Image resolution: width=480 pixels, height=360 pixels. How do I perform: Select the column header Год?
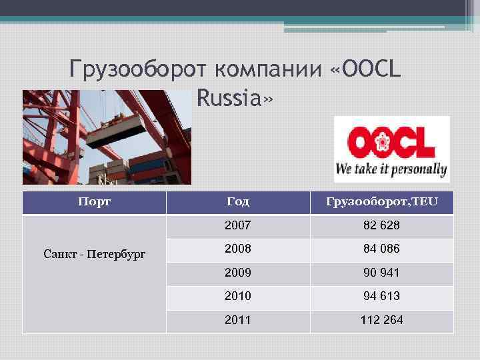point(237,202)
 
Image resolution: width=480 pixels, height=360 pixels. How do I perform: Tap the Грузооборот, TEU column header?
point(382,202)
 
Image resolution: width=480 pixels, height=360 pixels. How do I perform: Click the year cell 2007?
point(237,226)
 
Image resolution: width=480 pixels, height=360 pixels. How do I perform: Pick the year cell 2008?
point(237,249)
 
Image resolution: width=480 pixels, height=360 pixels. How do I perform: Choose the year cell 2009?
point(237,273)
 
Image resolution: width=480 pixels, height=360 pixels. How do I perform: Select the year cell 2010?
point(237,296)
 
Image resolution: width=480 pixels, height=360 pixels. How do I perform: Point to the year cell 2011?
point(237,320)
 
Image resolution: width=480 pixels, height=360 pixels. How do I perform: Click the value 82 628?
point(381,226)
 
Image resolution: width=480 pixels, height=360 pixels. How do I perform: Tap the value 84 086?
point(381,249)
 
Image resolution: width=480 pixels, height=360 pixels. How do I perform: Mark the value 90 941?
point(381,273)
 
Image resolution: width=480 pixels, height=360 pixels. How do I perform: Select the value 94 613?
point(381,296)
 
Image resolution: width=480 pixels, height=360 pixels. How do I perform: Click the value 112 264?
point(381,320)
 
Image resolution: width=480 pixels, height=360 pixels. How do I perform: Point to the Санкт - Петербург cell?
point(94,254)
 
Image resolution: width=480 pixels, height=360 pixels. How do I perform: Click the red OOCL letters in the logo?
point(391,142)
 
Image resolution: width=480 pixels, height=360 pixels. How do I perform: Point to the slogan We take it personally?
point(391,169)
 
